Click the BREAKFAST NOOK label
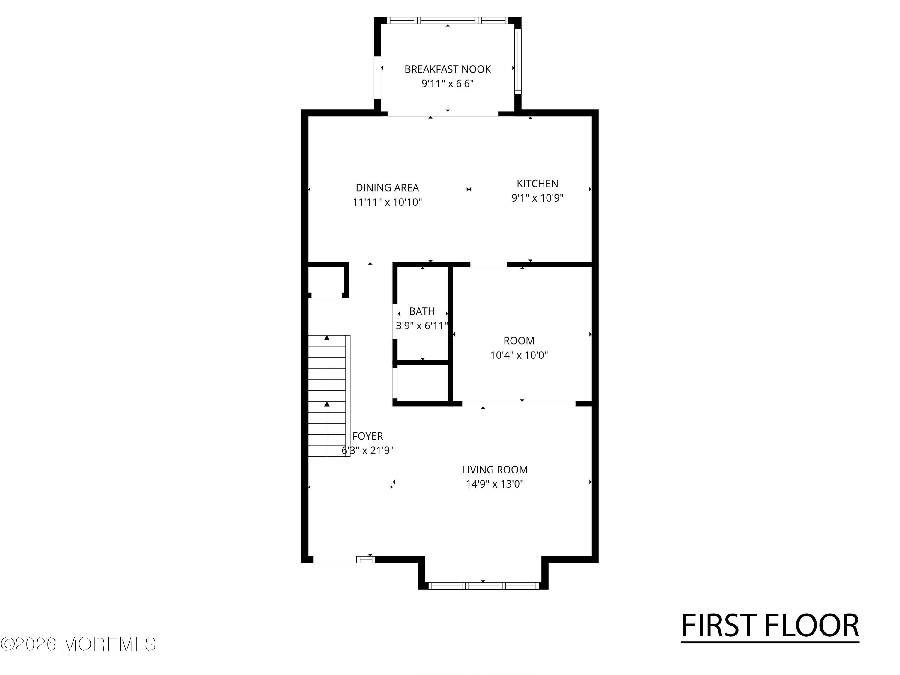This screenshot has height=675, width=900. (447, 69)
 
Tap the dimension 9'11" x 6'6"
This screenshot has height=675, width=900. (447, 84)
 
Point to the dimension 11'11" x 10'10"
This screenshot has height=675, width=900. (387, 202)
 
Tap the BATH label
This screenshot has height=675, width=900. (422, 311)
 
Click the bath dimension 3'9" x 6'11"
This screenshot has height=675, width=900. (422, 326)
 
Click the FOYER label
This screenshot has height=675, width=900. (367, 436)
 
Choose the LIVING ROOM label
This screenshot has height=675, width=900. (494, 469)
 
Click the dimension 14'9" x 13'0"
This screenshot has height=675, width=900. (494, 484)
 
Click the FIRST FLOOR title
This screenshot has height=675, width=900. (770, 625)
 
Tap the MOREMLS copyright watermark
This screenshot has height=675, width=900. (78, 644)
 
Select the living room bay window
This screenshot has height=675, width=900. (483, 586)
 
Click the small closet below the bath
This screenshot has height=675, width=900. (423, 382)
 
